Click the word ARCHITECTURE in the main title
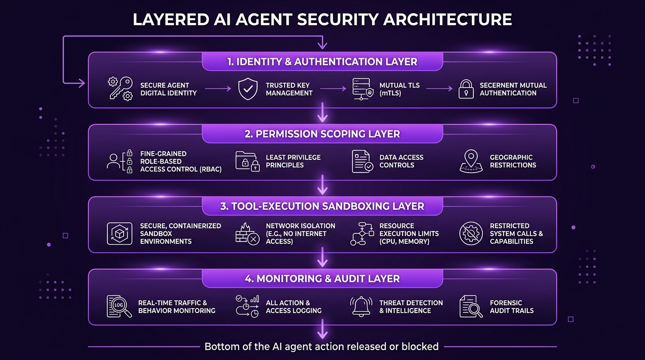[x=448, y=20]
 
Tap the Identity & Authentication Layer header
[x=322, y=61]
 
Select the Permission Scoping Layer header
[x=322, y=134]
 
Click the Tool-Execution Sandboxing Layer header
[x=322, y=206]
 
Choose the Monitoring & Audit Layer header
[x=322, y=278]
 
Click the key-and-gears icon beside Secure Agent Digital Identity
[x=120, y=89]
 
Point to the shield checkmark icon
[x=247, y=89]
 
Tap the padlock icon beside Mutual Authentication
[x=466, y=89]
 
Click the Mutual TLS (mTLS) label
[x=399, y=89]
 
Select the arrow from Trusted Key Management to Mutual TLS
[x=333, y=89]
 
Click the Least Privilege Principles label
[x=293, y=161]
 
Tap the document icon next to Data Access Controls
[x=362, y=161]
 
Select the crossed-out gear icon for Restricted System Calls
[x=471, y=233]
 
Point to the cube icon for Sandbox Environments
[x=120, y=233]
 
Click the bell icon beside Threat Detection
[x=361, y=306]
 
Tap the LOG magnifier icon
[x=119, y=307]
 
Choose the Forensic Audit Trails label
[x=512, y=307]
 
